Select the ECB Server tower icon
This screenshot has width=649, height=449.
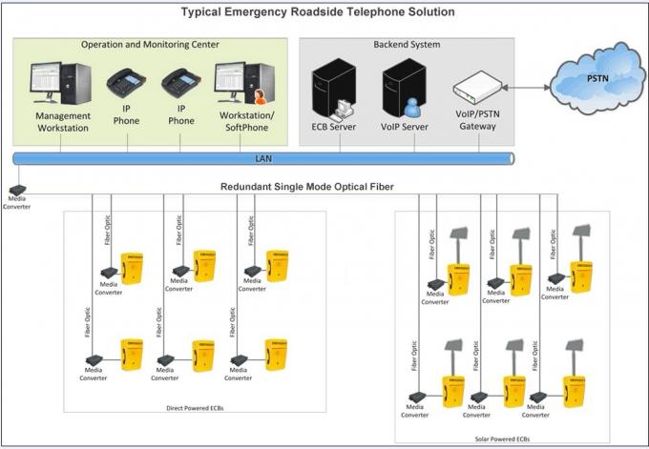(x=333, y=89)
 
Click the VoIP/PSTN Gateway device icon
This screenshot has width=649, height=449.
(x=475, y=89)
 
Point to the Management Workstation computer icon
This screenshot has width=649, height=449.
(x=61, y=85)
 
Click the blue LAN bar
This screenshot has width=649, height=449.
(x=263, y=157)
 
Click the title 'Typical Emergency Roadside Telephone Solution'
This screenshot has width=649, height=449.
(x=319, y=12)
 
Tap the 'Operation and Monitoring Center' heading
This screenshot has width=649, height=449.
(x=150, y=44)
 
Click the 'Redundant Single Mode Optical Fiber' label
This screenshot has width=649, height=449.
(x=307, y=187)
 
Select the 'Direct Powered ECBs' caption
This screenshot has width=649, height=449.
(x=194, y=409)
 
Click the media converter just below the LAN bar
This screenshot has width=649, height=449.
(x=17, y=190)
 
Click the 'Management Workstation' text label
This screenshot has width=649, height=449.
(x=63, y=121)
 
